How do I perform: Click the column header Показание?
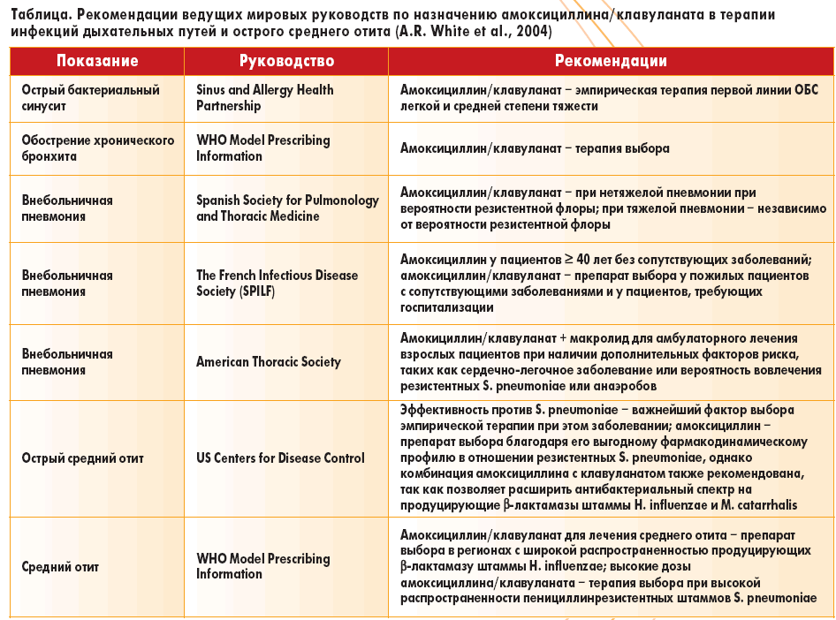(97, 62)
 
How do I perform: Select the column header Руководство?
(286, 62)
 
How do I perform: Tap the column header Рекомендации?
(611, 62)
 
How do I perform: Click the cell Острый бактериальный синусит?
(90, 98)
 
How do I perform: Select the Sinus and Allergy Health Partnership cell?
(265, 98)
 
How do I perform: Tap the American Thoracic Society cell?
(269, 361)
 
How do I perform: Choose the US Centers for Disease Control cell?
(280, 457)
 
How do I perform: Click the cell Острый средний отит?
(82, 457)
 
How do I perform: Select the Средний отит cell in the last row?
(60, 566)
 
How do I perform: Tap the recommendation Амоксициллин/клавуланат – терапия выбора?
(535, 148)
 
